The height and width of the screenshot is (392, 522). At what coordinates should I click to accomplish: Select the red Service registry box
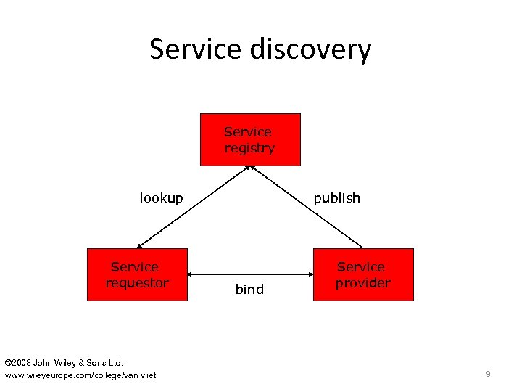click(x=250, y=140)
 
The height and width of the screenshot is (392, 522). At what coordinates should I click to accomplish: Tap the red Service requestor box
click(x=137, y=274)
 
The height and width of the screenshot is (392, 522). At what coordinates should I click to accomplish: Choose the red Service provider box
click(x=363, y=274)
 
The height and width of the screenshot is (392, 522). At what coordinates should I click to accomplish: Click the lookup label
click(x=161, y=198)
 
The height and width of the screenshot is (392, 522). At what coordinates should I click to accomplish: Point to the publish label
click(x=336, y=198)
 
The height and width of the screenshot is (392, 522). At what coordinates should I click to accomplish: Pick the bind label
click(x=249, y=290)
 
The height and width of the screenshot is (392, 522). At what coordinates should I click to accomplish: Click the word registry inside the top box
click(x=249, y=148)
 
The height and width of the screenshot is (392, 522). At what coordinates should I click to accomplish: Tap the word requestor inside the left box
click(x=137, y=283)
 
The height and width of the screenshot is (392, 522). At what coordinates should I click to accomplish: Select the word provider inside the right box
click(x=362, y=283)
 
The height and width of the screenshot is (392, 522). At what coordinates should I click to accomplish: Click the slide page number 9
click(x=488, y=374)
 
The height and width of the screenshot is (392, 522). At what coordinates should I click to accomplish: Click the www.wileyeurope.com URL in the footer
click(x=80, y=375)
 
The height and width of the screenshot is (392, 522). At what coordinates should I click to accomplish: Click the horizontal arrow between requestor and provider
click(x=250, y=274)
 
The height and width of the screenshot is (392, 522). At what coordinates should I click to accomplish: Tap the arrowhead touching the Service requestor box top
click(x=140, y=245)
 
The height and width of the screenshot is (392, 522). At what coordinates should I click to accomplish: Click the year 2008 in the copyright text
click(x=22, y=362)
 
